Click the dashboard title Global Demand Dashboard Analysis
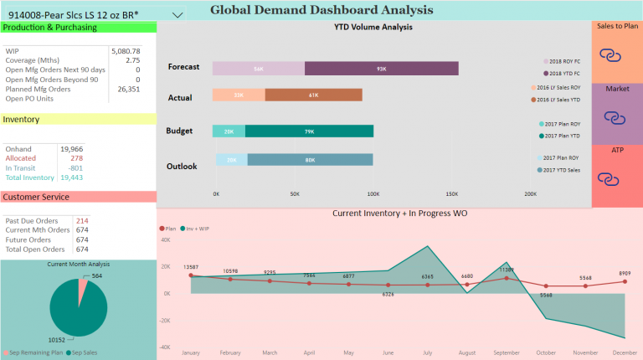(x=321, y=10)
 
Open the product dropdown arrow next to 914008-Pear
(x=177, y=15)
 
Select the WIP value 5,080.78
(x=125, y=51)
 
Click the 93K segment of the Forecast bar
(x=381, y=69)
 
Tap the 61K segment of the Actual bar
(x=313, y=95)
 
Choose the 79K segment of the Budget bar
(x=309, y=131)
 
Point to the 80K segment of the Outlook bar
(x=310, y=160)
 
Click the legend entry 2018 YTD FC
(x=567, y=74)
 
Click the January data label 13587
(x=191, y=267)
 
